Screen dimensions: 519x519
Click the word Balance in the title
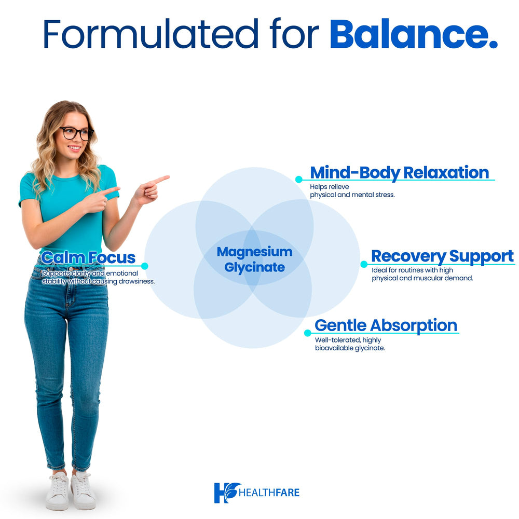(x=413, y=34)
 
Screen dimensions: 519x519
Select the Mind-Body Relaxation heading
(x=399, y=172)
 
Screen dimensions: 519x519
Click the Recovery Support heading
(x=442, y=256)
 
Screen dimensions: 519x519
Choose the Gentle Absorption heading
(x=386, y=325)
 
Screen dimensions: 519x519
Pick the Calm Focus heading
(x=88, y=257)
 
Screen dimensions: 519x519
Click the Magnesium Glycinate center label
(x=254, y=259)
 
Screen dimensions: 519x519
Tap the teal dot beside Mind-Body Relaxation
(x=299, y=180)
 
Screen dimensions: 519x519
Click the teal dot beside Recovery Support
(x=364, y=264)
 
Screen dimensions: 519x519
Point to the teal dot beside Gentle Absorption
(x=308, y=333)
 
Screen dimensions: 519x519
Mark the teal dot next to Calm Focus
(x=145, y=266)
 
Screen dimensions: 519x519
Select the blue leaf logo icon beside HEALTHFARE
(x=227, y=492)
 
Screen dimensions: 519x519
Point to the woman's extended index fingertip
(x=167, y=177)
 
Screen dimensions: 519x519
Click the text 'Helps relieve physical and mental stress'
(x=352, y=190)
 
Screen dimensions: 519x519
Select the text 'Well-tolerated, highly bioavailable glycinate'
(x=349, y=344)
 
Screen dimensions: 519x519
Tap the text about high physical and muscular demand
(x=422, y=274)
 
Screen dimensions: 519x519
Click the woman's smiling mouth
(x=75, y=148)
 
